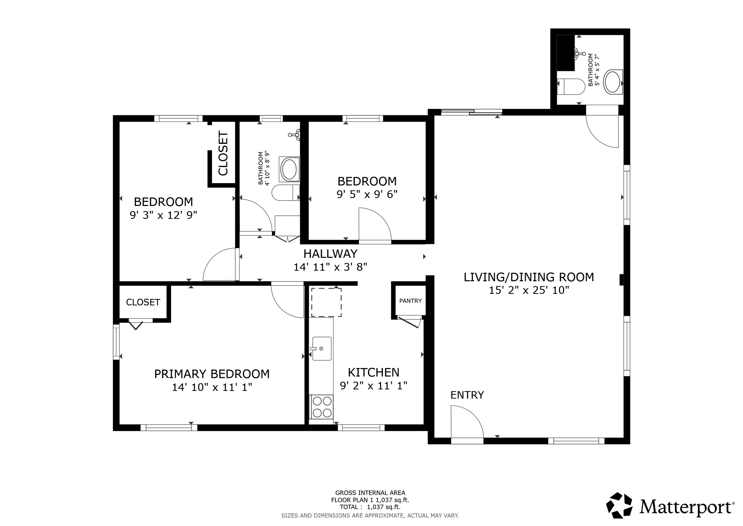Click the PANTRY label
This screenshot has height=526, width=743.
point(410,301)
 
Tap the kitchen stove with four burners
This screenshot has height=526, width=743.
point(322,407)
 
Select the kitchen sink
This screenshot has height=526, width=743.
point(322,349)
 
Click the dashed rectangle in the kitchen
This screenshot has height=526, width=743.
point(326,302)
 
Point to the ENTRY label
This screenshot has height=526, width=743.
point(467,395)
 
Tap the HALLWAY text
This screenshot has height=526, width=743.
point(330,254)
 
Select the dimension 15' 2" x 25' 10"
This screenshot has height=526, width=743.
point(529,290)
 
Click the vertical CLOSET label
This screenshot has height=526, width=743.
point(223,153)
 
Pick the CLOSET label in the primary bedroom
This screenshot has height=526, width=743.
point(143,302)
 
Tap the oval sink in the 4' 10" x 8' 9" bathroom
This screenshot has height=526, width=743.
point(289,169)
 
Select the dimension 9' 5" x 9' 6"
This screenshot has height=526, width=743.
point(367,194)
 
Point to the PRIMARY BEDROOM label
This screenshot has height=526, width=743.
point(212,374)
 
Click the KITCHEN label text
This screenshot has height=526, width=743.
point(373,372)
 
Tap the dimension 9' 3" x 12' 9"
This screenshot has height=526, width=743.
point(163,215)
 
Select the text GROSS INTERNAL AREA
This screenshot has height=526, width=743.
point(370,493)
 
